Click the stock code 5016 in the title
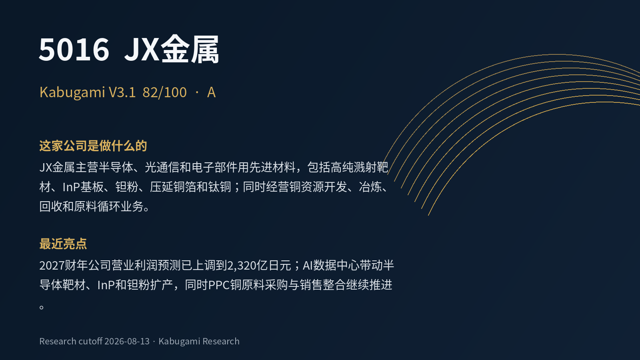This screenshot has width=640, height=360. tap(74, 50)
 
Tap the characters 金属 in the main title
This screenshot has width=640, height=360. tap(190, 49)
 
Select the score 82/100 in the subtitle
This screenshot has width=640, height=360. tap(164, 92)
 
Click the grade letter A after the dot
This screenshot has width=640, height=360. tap(211, 92)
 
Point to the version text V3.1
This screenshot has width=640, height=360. tap(122, 92)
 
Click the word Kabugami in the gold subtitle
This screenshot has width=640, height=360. tap(72, 93)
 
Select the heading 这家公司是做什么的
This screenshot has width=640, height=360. tap(93, 146)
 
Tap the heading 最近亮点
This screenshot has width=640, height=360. tap(63, 244)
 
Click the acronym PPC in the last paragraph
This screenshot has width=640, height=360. tap(219, 285)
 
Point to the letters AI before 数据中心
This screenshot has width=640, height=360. tap(308, 266)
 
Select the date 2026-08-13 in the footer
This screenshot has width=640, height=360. tap(127, 341)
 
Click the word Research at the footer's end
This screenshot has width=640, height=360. tap(221, 341)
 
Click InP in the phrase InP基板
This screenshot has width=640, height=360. tap(71, 187)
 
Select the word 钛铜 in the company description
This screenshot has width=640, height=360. tap(220, 187)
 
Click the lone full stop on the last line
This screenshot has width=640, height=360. tap(42, 307)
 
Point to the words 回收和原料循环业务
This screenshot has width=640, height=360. tap(92, 206)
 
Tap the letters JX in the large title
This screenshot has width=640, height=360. tap(142, 50)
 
